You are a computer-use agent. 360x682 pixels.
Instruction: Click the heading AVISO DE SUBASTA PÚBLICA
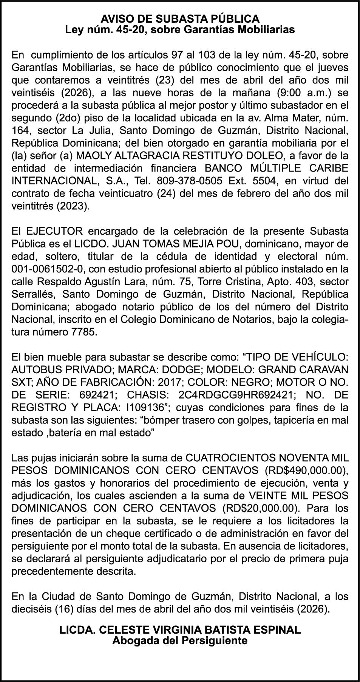coord(180,19)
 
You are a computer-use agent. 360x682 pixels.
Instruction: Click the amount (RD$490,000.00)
coord(306,471)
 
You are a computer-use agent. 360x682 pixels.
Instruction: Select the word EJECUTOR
coord(55,231)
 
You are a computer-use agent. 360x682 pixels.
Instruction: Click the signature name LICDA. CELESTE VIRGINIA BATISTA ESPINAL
coord(180,629)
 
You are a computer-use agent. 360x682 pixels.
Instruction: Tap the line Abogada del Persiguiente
coord(180,640)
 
